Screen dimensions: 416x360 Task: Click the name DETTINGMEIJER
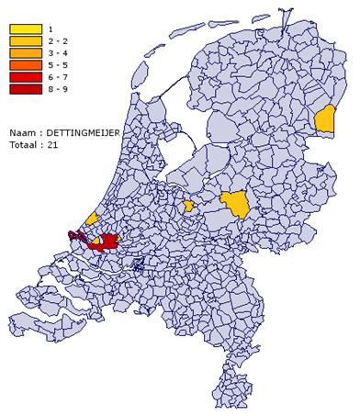(83, 133)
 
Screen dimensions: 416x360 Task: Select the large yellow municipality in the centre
(234, 205)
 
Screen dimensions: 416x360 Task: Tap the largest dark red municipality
(107, 242)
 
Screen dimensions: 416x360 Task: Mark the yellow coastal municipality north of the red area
(93, 219)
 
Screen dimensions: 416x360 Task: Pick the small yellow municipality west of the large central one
(188, 206)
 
